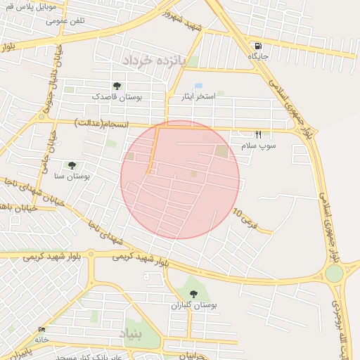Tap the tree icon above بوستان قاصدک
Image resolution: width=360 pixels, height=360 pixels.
click(x=117, y=86)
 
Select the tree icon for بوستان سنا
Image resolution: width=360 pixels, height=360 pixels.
click(x=72, y=165)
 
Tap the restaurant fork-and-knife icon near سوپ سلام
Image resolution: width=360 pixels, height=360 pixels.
click(x=258, y=134)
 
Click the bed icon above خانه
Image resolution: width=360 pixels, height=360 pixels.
click(x=41, y=329)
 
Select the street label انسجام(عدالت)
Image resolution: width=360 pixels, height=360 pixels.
click(x=103, y=124)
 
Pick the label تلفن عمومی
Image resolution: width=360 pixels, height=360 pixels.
click(x=66, y=20)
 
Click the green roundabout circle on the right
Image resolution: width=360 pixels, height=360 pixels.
click(x=335, y=273)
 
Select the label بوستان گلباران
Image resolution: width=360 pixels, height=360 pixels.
click(x=194, y=306)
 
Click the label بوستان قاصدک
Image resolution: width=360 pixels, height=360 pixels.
click(x=117, y=98)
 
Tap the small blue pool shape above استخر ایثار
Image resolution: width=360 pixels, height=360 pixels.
click(x=199, y=86)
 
